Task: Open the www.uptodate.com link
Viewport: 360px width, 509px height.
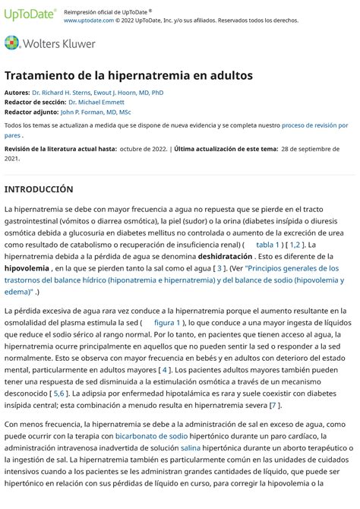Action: [x=89, y=21]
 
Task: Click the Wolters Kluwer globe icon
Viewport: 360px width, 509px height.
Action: [x=12, y=43]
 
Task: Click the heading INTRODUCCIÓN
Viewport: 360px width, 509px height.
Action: [x=39, y=188]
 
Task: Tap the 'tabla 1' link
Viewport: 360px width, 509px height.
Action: [x=268, y=245]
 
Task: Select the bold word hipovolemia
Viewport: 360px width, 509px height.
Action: [x=27, y=268]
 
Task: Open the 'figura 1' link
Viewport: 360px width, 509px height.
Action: [x=167, y=323]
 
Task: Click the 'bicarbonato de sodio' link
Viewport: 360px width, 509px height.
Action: [x=151, y=436]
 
